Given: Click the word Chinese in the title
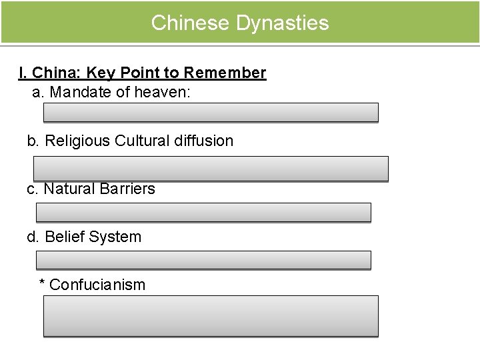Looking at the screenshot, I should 191,23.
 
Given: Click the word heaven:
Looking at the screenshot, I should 163,92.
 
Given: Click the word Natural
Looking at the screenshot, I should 69,189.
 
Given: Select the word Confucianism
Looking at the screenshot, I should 97,285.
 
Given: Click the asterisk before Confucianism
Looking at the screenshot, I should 43,284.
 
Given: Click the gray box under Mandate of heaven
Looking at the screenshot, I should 211,113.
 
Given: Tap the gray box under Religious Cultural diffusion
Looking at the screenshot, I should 211,169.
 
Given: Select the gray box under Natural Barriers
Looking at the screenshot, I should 203,213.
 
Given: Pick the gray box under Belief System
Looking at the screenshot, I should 203,260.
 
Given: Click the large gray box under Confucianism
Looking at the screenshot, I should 211,316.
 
